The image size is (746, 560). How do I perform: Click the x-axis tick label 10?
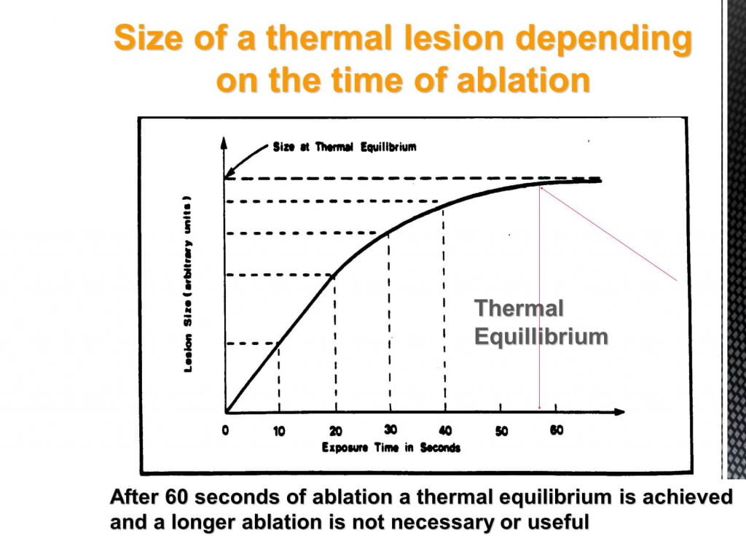279,432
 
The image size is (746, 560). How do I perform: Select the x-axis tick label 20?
336,432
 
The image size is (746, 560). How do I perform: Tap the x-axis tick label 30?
390,429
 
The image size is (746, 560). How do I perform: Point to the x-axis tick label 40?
445,431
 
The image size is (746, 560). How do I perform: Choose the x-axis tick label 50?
501,432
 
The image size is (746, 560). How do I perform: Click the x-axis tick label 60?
557,430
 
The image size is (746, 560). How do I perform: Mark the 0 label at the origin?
226,430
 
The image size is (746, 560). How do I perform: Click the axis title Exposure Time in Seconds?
391,448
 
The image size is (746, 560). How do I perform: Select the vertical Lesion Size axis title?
188,284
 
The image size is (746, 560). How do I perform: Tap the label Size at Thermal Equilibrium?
345,147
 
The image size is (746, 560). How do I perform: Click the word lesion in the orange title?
454,38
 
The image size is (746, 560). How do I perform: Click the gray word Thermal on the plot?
519,308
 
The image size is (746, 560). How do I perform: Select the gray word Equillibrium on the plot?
541,337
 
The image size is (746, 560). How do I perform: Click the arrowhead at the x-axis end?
619,412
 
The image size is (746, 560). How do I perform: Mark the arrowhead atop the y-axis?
224,142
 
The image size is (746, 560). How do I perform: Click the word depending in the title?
604,40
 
